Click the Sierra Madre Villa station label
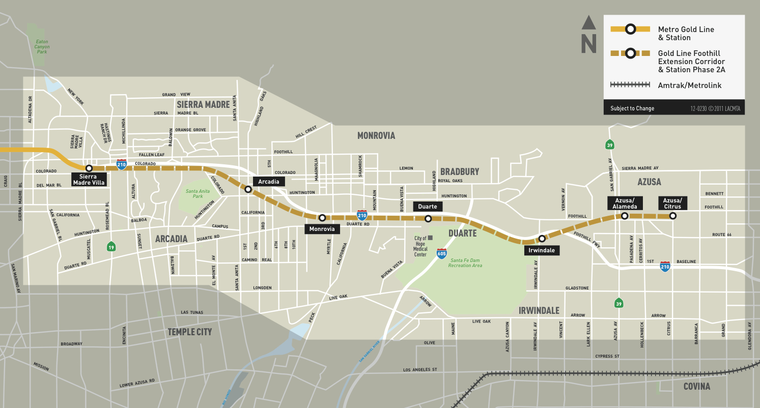89,180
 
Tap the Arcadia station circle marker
248,189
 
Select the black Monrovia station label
322,229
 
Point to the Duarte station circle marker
428,219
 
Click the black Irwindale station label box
542,250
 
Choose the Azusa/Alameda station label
624,203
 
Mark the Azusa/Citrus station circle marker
672,216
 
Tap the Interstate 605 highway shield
441,253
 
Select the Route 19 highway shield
111,247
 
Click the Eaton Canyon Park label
42,47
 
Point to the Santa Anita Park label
194,193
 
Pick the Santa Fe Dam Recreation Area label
465,263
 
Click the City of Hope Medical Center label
420,246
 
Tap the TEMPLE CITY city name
189,332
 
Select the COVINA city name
696,387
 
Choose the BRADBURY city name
460,171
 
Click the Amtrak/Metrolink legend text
689,85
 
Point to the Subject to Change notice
632,108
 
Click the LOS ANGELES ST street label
420,369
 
